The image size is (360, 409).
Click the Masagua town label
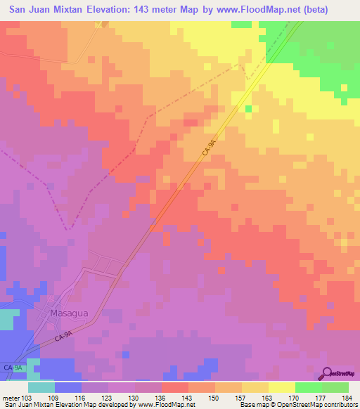[68, 313]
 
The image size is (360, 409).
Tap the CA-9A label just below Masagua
[65, 337]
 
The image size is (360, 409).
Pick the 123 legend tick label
[108, 398]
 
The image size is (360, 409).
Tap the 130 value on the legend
[135, 398]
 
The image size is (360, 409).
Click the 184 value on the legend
[345, 398]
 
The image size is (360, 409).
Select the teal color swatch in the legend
[41, 387]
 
